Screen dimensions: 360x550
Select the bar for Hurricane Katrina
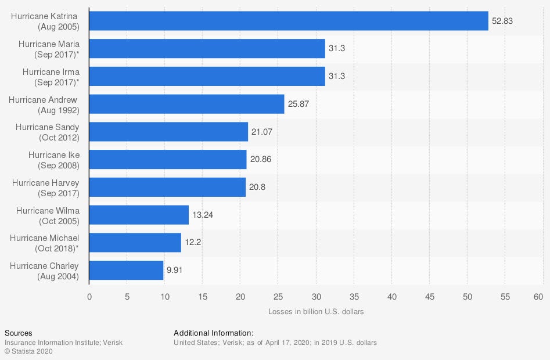pos(289,21)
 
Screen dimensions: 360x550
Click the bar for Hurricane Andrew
pos(186,105)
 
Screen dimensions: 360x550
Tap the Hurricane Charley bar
pos(126,271)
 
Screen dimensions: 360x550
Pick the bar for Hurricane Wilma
pos(139,215)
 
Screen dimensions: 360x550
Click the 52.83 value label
pos(502,21)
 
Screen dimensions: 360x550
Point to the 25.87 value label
pos(299,105)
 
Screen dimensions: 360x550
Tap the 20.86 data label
pos(261,160)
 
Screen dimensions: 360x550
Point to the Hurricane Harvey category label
pos(46,188)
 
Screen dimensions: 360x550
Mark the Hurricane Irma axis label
pos(51,77)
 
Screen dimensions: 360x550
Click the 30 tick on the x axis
pos(316,297)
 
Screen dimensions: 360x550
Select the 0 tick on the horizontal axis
pos(89,297)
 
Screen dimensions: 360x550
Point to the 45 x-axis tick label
pos(430,297)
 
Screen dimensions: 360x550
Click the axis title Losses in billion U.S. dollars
pos(316,312)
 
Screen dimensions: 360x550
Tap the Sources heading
pos(18,333)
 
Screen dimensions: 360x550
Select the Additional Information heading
pos(213,333)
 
